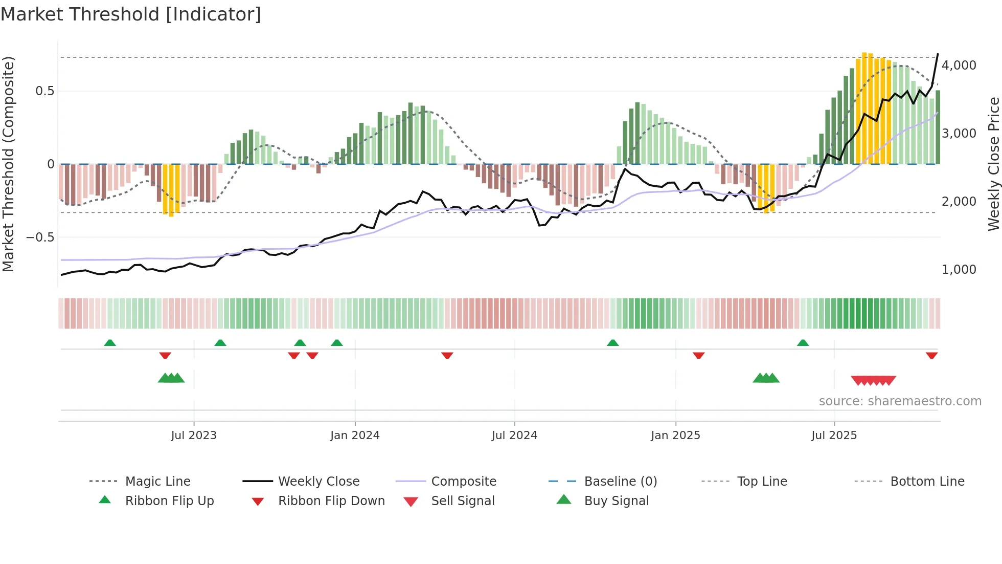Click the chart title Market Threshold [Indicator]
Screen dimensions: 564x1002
(131, 14)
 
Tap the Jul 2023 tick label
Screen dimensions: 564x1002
(194, 436)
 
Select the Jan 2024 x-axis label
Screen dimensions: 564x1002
(355, 436)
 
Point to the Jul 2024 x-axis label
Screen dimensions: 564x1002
(514, 436)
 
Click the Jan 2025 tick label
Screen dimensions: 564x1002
(675, 436)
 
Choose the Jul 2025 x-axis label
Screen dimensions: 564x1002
(834, 436)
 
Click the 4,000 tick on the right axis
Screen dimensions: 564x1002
(959, 66)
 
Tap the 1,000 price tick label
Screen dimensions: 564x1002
(959, 270)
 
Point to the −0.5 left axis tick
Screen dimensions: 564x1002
(40, 237)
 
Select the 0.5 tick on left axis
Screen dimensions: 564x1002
(44, 91)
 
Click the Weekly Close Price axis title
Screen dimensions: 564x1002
(993, 164)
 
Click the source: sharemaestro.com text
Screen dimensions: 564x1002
(900, 401)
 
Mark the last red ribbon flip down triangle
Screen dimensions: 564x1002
(931, 355)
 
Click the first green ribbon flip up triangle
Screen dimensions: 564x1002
(110, 343)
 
